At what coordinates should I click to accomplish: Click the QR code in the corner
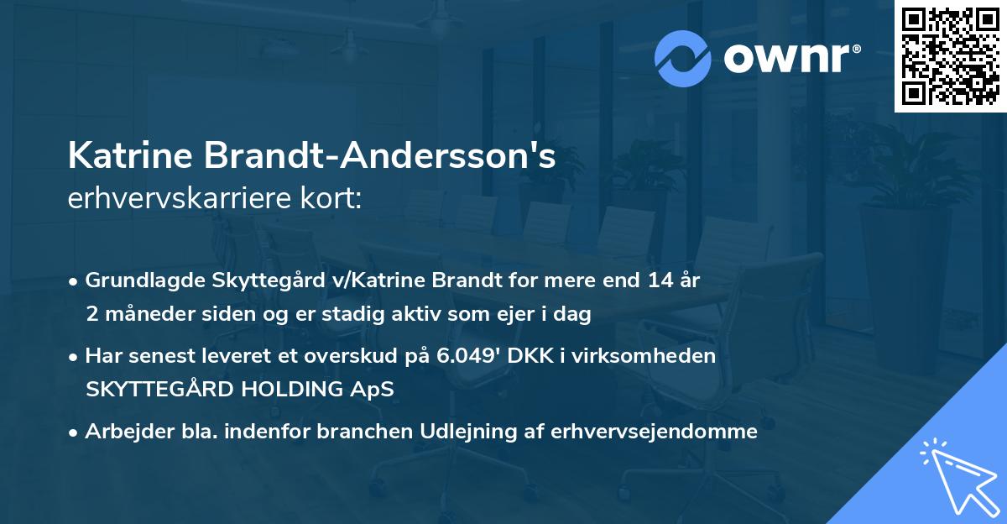click(950, 56)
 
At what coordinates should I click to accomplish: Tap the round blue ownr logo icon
click(683, 57)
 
